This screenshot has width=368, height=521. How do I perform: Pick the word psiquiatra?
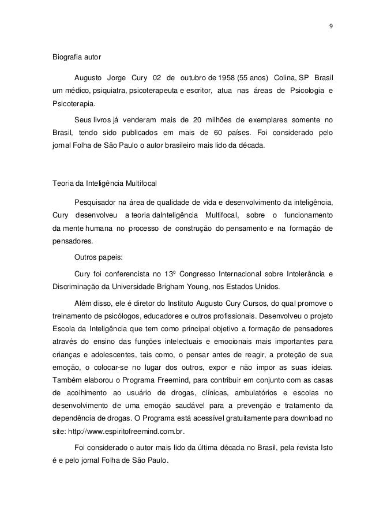[x=108, y=92]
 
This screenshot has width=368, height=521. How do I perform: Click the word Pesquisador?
[x=96, y=203]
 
